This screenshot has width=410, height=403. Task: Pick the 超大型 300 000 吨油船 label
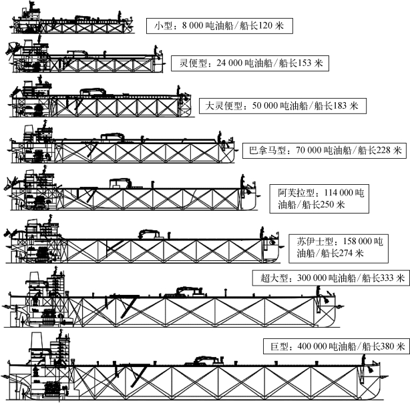coord(329,278)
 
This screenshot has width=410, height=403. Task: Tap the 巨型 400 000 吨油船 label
coord(335,346)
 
